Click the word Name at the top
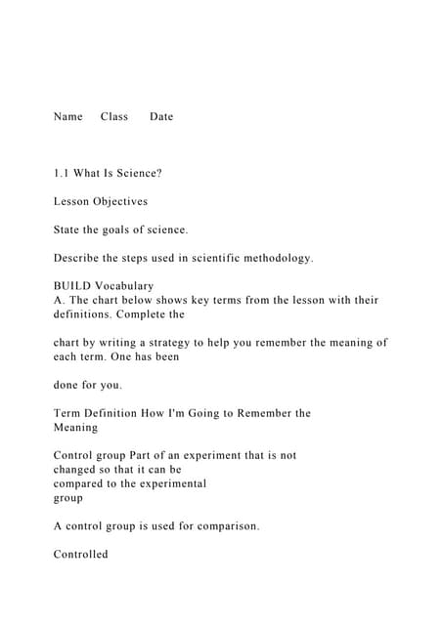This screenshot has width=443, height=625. click(67, 116)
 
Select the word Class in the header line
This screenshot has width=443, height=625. click(114, 116)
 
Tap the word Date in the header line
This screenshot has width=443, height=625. click(161, 116)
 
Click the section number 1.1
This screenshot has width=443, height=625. click(62, 173)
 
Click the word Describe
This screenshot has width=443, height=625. click(78, 258)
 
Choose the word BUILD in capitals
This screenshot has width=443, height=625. click(72, 286)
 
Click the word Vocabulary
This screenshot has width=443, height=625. click(125, 286)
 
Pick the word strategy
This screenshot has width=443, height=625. click(211, 343)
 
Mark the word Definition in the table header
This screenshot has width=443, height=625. click(116, 413)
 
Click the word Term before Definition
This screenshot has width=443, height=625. click(68, 413)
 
